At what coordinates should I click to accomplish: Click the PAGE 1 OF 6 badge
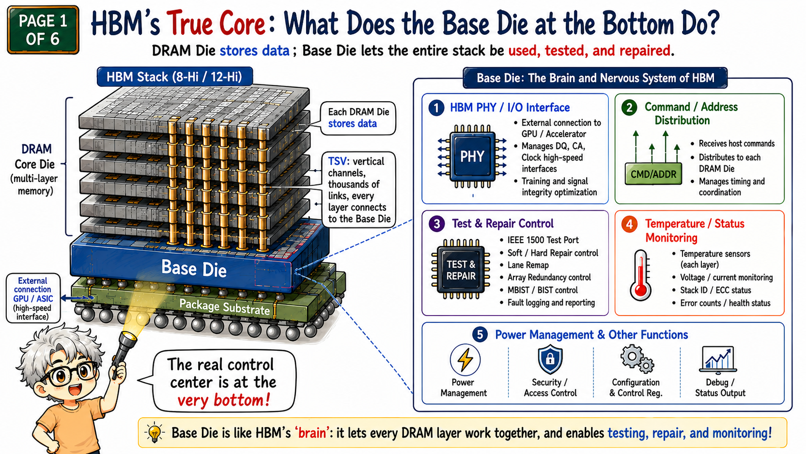(43, 30)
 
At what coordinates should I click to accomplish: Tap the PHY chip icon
(472, 156)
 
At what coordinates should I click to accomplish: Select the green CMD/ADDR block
(653, 174)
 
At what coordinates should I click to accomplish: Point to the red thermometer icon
(641, 275)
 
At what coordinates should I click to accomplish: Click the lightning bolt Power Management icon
(465, 359)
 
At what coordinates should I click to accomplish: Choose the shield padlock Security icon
(550, 359)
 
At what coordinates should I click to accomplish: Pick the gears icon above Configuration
(637, 359)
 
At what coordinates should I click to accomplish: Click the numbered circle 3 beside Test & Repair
(437, 223)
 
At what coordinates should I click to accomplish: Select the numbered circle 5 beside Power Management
(480, 334)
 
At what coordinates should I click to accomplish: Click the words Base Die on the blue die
(194, 269)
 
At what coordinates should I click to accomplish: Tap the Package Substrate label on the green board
(225, 307)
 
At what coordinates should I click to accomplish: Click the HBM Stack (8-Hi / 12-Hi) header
(175, 77)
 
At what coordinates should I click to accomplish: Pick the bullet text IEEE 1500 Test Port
(543, 240)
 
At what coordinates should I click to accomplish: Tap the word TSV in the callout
(338, 161)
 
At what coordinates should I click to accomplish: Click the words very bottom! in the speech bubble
(224, 400)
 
